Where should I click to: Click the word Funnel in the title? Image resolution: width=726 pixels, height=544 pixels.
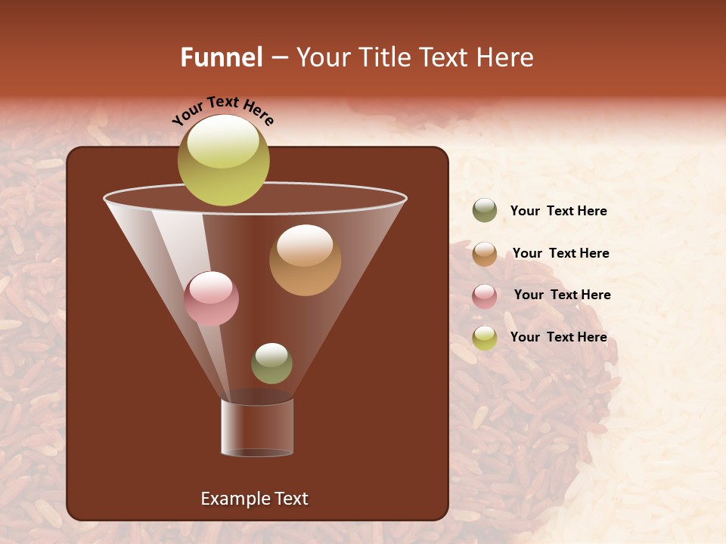pos(221,57)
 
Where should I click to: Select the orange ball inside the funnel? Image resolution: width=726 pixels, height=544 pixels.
pos(305,261)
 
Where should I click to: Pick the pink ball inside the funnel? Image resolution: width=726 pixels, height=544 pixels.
pos(211,299)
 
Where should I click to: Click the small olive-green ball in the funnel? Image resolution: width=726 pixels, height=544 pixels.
pos(271,363)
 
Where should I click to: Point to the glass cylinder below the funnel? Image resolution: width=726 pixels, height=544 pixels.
pos(257,428)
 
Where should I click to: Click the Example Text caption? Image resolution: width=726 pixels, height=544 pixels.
pos(254,499)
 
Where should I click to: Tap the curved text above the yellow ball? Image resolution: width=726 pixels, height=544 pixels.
pos(223,110)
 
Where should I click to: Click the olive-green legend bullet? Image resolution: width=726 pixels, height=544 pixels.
pos(485,211)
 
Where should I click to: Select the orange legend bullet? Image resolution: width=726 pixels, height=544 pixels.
pos(485,254)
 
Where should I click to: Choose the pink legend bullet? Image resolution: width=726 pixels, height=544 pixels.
pos(485,296)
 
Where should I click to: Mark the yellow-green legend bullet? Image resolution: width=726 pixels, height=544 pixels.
pos(485,338)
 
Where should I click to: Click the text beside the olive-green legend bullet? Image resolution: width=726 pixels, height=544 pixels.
pos(558,212)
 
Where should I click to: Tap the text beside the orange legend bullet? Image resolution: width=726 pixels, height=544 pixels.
pos(560,253)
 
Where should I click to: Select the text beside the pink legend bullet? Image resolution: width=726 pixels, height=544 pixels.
pos(562,295)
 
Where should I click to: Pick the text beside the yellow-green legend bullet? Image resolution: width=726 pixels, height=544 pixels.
pos(558,337)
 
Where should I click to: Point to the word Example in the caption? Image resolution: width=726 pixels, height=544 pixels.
pos(232,499)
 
